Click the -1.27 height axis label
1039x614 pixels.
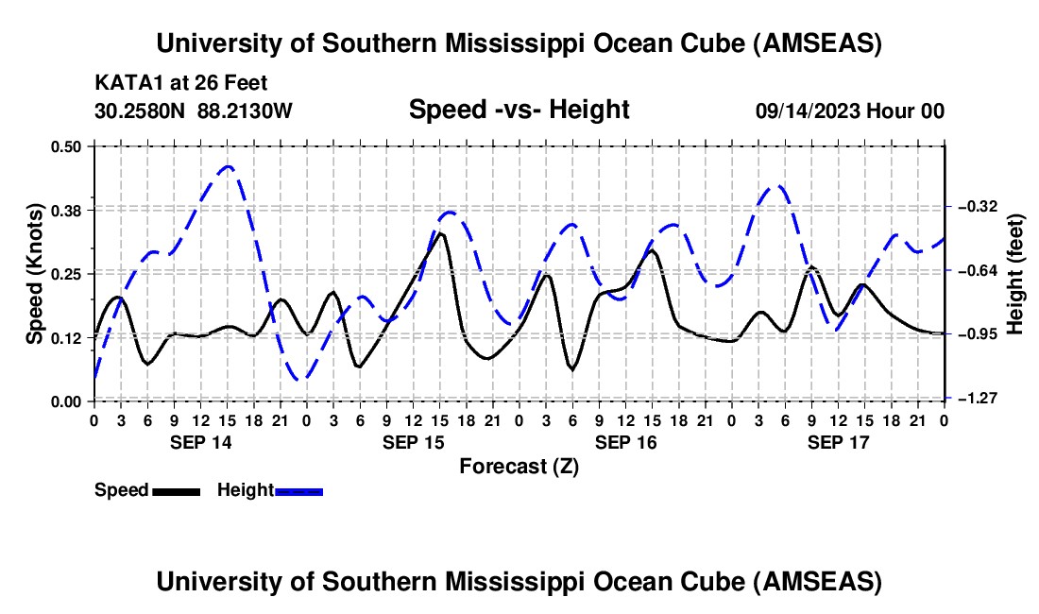click(x=974, y=400)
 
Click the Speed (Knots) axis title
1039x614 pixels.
click(x=35, y=273)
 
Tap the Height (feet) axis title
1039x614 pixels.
click(x=1015, y=274)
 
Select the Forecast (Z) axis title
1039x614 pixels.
click(x=519, y=466)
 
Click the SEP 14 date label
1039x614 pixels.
click(x=200, y=442)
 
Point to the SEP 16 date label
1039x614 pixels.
click(x=625, y=442)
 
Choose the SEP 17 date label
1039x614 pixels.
click(x=838, y=442)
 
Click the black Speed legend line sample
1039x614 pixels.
click(x=176, y=491)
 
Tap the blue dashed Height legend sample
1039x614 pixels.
click(x=299, y=491)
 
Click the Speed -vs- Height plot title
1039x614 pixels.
click(x=519, y=110)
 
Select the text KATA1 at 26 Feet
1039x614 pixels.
click(x=167, y=83)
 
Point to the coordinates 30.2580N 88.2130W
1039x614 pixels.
click(x=194, y=111)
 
